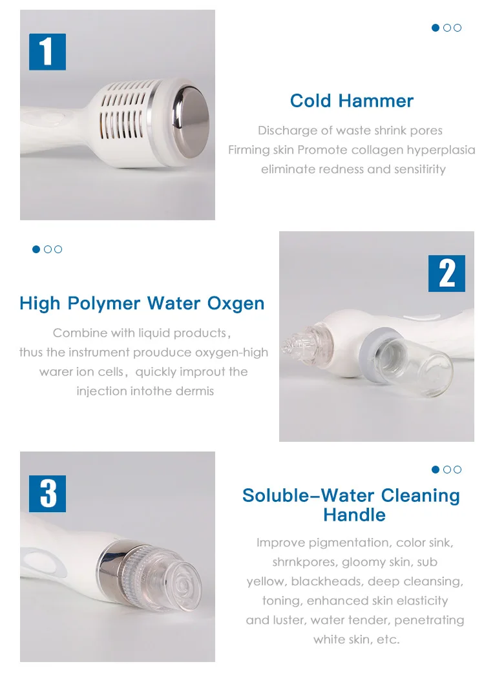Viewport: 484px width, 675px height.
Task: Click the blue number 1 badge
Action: pyautogui.click(x=47, y=52)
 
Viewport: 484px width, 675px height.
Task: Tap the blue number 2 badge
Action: pyautogui.click(x=447, y=273)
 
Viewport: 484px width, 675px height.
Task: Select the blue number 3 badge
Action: pyautogui.click(x=47, y=493)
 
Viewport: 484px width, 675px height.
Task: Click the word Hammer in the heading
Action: pyautogui.click(x=375, y=101)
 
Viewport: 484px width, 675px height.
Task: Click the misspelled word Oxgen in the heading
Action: pyautogui.click(x=236, y=304)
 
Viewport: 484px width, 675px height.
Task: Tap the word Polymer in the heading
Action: pyautogui.click(x=104, y=304)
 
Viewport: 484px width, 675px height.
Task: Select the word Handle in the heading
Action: pyautogui.click(x=354, y=515)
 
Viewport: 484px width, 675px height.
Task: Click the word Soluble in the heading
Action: pyautogui.click(x=275, y=495)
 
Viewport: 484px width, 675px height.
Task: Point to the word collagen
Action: pyautogui.click(x=376, y=151)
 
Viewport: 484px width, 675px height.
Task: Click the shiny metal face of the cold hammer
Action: pyautogui.click(x=192, y=121)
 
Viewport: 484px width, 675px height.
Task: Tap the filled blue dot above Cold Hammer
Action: pyautogui.click(x=436, y=28)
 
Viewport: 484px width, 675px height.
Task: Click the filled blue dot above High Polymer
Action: pyautogui.click(x=36, y=249)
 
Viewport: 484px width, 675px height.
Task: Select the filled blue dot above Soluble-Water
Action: pyautogui.click(x=436, y=469)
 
